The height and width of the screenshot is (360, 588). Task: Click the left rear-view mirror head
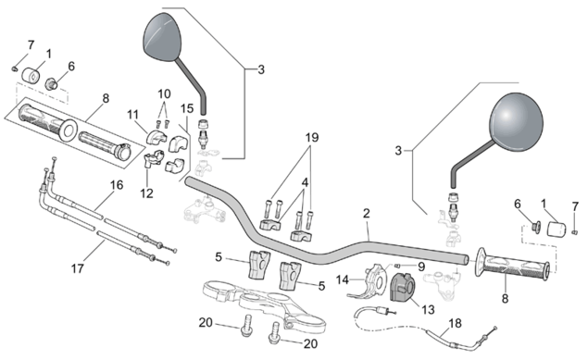[x=162, y=37]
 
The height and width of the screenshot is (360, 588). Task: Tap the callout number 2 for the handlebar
[x=367, y=214]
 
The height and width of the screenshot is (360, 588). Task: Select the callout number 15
[x=187, y=108]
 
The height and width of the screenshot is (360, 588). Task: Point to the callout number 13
[x=428, y=309]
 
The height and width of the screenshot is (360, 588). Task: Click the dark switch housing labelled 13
[x=402, y=287]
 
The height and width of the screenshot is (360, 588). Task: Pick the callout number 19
[x=312, y=138]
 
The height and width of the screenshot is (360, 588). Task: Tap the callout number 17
[x=78, y=268]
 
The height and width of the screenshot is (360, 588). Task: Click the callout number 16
[x=117, y=185]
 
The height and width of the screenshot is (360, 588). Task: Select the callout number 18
[x=456, y=323]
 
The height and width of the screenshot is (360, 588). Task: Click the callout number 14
[x=343, y=279]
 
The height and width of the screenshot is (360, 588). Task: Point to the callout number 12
[x=146, y=193]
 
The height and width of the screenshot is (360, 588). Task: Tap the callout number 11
[x=132, y=115]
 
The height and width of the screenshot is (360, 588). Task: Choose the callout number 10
[x=164, y=93]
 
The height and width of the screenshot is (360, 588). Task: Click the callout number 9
[x=421, y=267]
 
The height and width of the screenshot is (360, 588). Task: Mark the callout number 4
[x=305, y=183]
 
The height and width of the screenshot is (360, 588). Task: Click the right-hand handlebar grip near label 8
[x=513, y=266]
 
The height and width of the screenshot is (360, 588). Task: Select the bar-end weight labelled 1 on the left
[x=31, y=75]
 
